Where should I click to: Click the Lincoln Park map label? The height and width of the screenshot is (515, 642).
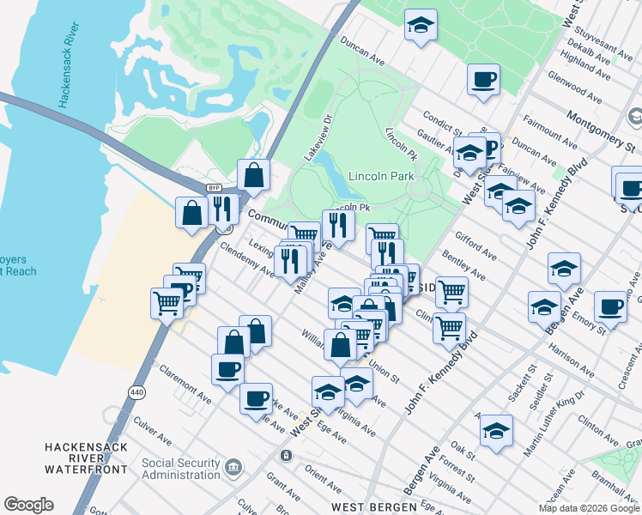(381, 176)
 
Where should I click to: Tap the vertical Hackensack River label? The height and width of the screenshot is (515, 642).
(64, 68)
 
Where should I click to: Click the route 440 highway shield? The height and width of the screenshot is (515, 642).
(136, 391)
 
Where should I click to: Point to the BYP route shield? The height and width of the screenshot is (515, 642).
(215, 188)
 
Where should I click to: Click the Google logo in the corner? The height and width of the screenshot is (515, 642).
(28, 505)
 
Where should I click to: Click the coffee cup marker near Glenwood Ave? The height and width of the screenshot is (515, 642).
(483, 80)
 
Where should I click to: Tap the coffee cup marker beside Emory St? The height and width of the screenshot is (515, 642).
(610, 306)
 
